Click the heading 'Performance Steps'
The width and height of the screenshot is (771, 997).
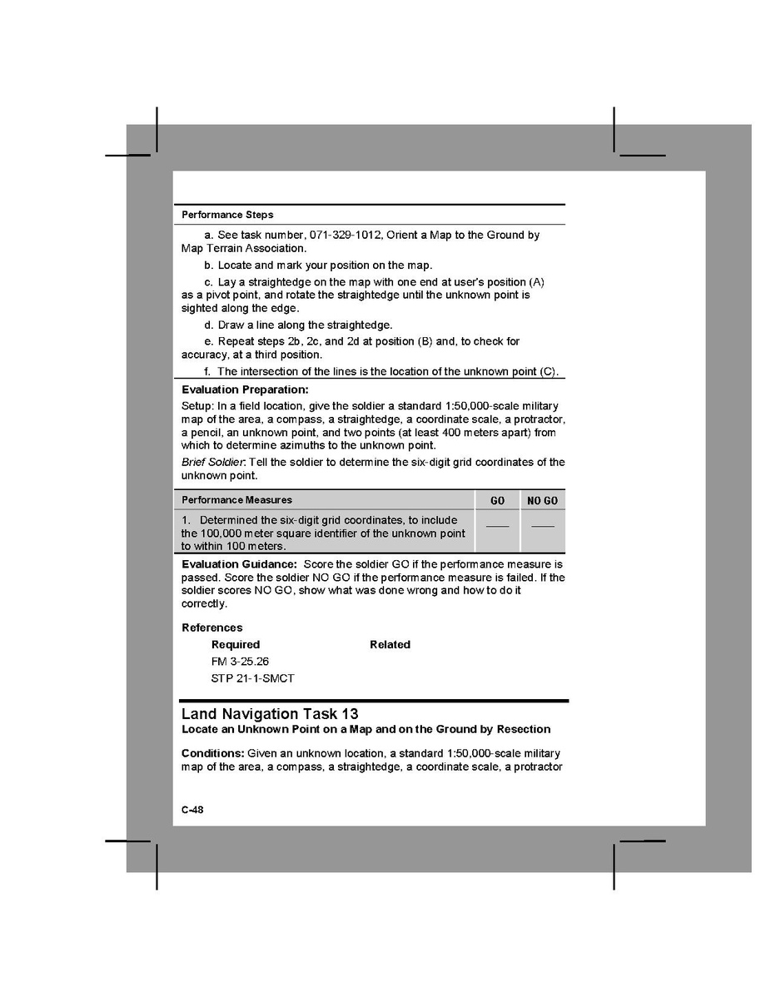227,215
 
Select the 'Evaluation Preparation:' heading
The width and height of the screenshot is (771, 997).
245,389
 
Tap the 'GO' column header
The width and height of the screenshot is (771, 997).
497,501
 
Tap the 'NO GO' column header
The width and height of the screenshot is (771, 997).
542,501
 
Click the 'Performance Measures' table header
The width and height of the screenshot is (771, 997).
236,500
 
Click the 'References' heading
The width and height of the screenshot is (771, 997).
212,627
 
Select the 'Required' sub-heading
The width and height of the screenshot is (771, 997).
236,645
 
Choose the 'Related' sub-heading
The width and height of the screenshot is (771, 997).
390,645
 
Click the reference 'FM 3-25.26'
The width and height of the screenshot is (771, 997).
240,662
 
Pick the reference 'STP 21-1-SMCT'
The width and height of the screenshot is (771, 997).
252,678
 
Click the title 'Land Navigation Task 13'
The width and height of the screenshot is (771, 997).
270,714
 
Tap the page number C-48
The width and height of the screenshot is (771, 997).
192,810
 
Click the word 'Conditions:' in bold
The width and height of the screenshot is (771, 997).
212,753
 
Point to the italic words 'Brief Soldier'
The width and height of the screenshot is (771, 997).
212,463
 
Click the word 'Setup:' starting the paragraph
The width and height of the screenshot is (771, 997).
196,405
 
